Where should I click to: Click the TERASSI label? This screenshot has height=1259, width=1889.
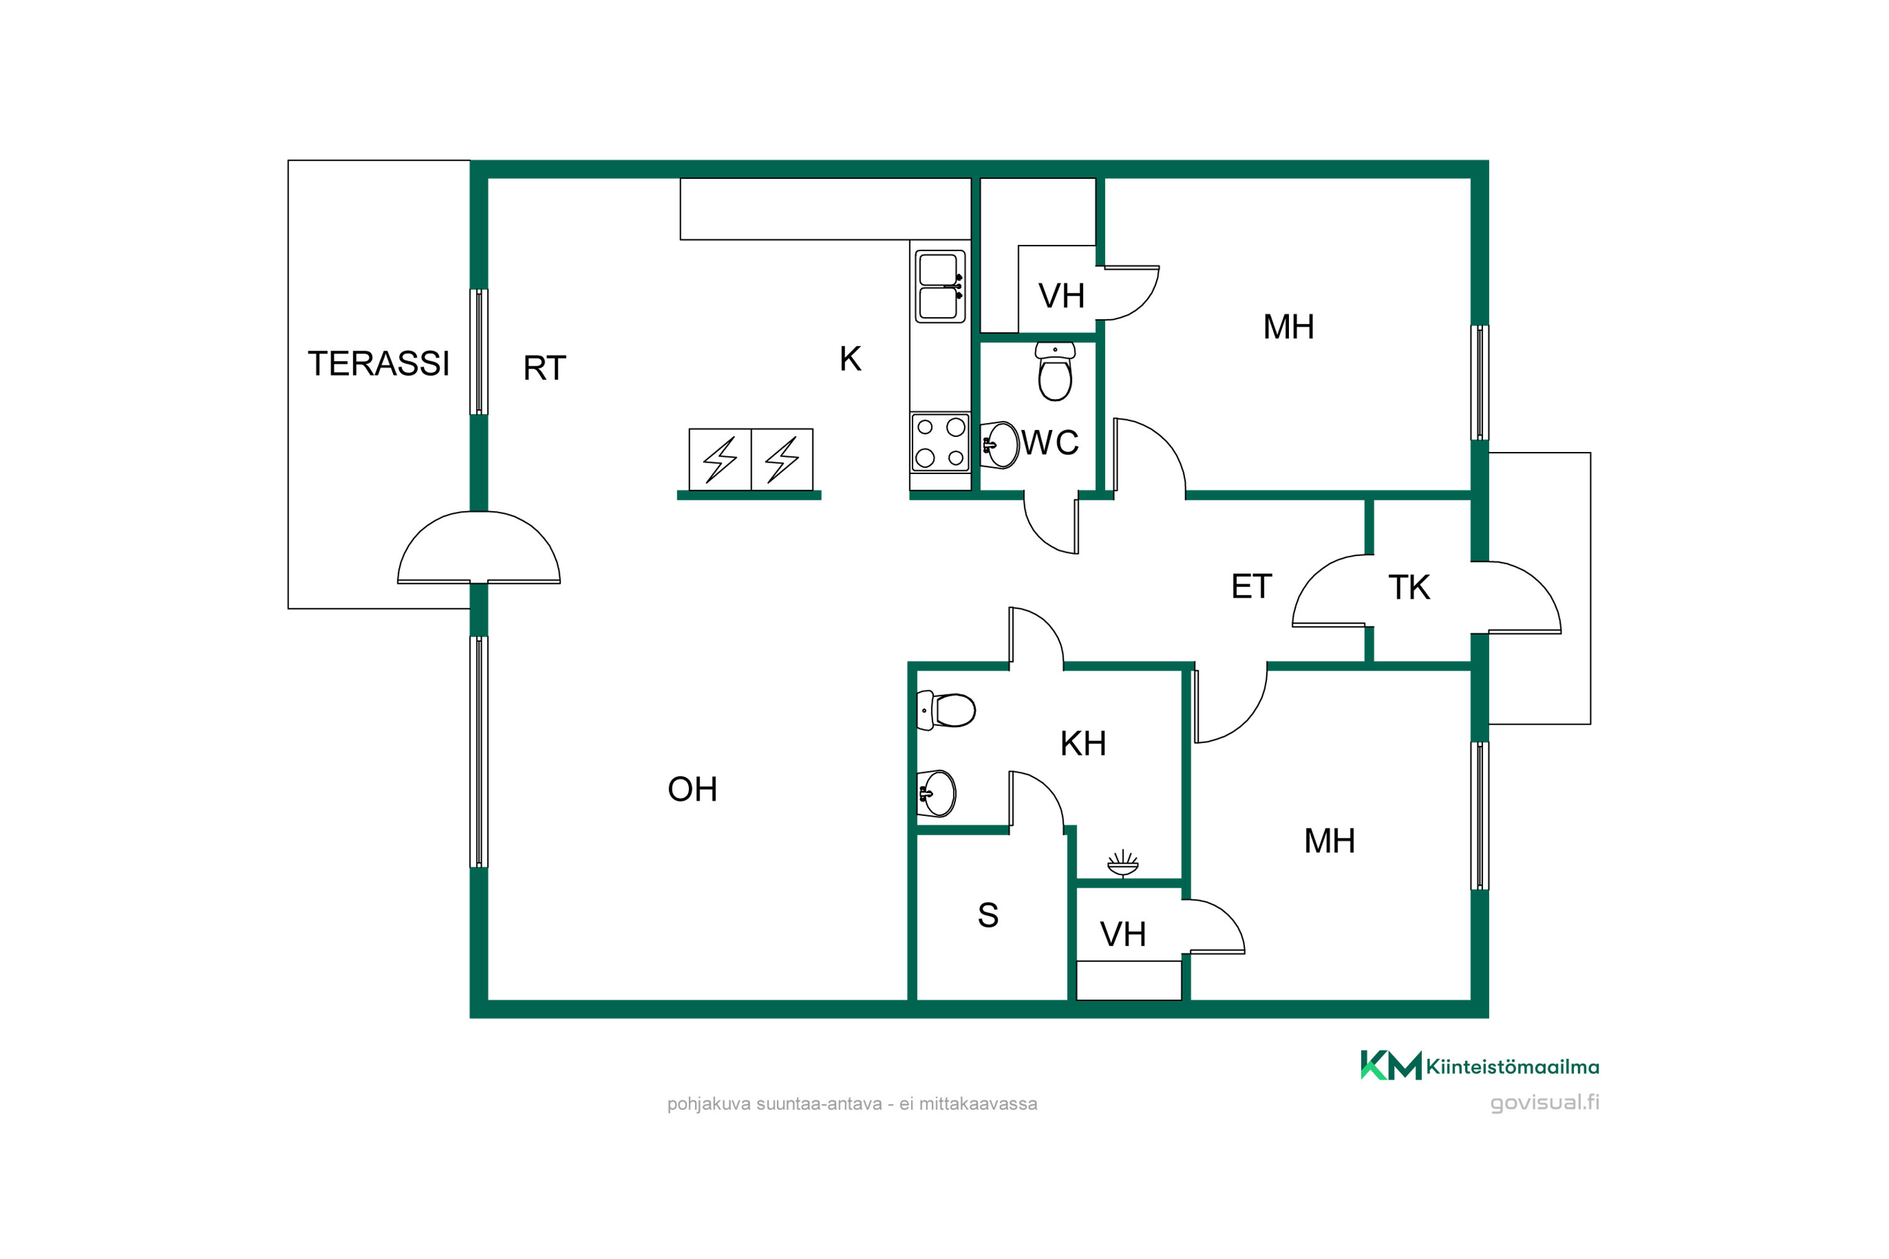click(378, 364)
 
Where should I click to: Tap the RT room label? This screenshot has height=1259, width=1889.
click(545, 368)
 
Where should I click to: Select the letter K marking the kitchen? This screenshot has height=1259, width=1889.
click(851, 359)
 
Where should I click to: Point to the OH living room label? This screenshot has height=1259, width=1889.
click(692, 789)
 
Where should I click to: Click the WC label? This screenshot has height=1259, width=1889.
click(1050, 443)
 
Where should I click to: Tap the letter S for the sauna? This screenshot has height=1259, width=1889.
click(988, 915)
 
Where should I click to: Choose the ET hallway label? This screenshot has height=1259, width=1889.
click(1251, 587)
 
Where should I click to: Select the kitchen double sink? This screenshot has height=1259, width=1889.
click(939, 286)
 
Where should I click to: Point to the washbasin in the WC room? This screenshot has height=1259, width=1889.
click(1001, 444)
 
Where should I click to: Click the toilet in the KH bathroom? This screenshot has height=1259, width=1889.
click(946, 711)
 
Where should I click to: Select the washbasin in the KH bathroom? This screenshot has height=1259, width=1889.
click(936, 794)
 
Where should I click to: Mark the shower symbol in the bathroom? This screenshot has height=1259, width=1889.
click(1122, 864)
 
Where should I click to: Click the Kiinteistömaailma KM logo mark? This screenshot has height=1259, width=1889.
click(1390, 1066)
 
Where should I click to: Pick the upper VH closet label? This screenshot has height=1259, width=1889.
click(1061, 296)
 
